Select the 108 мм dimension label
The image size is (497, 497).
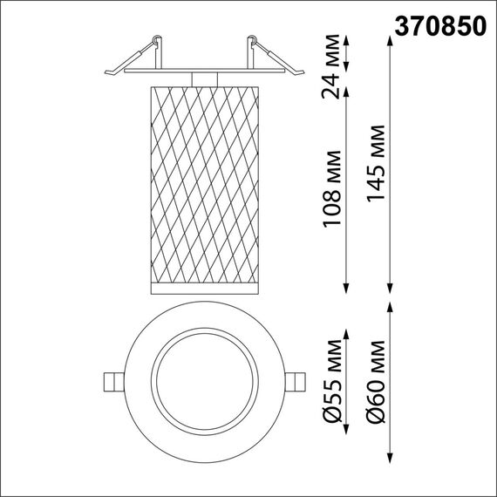331,197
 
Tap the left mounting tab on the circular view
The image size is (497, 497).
112,382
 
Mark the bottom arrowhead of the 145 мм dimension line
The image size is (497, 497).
390,289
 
